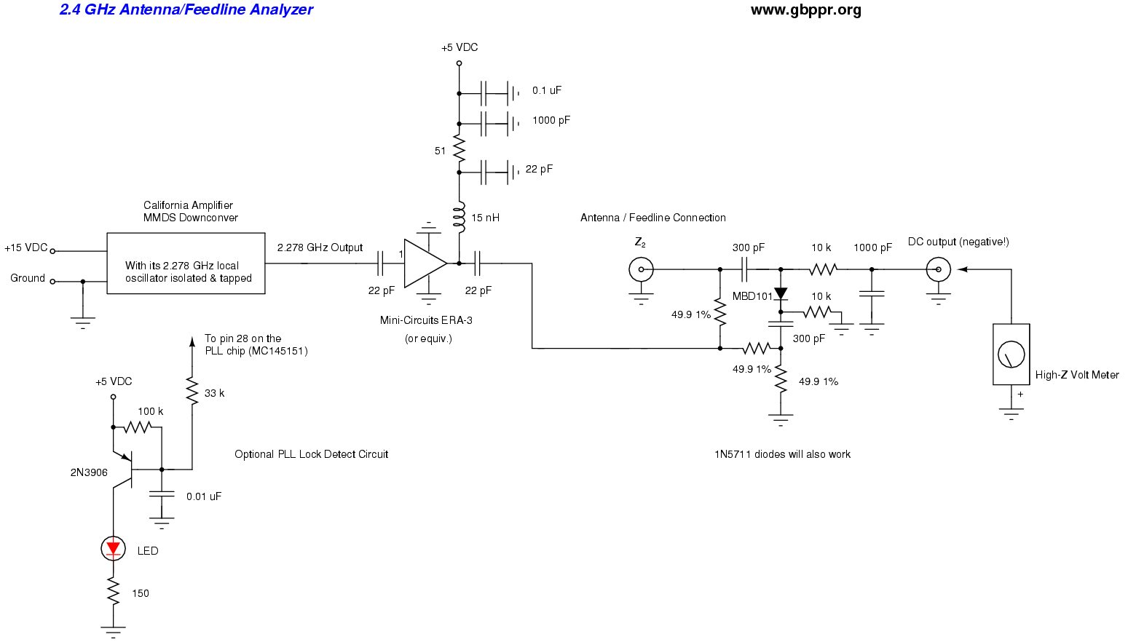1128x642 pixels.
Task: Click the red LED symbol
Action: point(113,548)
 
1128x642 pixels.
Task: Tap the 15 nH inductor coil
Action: point(459,218)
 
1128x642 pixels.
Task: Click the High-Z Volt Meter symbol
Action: point(1011,354)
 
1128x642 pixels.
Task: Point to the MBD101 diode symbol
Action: point(781,294)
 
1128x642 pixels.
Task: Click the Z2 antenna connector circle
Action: point(641,269)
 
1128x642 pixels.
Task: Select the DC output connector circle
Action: point(938,269)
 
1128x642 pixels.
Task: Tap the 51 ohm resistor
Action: point(459,151)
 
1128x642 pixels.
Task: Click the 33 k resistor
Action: point(192,392)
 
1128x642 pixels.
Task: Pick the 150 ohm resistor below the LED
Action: point(113,593)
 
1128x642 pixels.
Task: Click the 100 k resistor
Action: point(137,427)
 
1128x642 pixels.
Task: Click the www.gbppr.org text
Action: point(805,10)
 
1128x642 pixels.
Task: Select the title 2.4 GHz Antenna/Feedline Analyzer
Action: point(186,10)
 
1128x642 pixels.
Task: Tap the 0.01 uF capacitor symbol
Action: point(162,495)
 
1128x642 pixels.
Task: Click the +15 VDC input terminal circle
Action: point(52,251)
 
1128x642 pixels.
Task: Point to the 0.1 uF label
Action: point(547,90)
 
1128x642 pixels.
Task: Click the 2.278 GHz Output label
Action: point(320,247)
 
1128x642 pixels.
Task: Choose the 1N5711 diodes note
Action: point(782,454)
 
